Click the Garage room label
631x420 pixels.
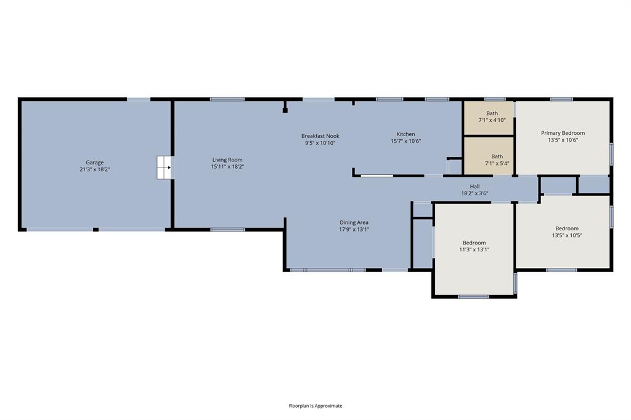pyautogui.click(x=95, y=163)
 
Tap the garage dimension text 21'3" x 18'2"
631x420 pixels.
pyautogui.click(x=95, y=170)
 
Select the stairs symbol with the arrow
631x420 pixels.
pyautogui.click(x=164, y=167)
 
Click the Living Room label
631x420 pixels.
pyautogui.click(x=227, y=160)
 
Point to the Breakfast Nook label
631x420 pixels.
pyautogui.click(x=320, y=136)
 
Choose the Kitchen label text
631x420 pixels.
pyautogui.click(x=405, y=134)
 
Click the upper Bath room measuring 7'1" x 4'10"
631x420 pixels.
pyautogui.click(x=492, y=116)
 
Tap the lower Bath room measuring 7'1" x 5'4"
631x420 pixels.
pyautogui.click(x=497, y=160)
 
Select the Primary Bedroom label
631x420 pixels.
pyautogui.click(x=563, y=133)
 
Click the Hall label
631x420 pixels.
pyautogui.click(x=474, y=186)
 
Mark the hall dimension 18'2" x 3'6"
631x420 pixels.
pyautogui.click(x=474, y=193)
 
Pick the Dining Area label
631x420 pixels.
pyautogui.click(x=354, y=222)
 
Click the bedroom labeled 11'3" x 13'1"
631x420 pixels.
pyautogui.click(x=474, y=246)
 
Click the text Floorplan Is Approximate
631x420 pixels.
pyautogui.click(x=315, y=406)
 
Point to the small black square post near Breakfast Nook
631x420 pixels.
pyautogui.click(x=285, y=111)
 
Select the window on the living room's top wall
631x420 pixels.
pyautogui.click(x=227, y=99)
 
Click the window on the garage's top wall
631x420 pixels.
pyautogui.click(x=139, y=99)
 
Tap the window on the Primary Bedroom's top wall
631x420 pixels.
pyautogui.click(x=561, y=99)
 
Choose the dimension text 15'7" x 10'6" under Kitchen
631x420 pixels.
pyautogui.click(x=405, y=141)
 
